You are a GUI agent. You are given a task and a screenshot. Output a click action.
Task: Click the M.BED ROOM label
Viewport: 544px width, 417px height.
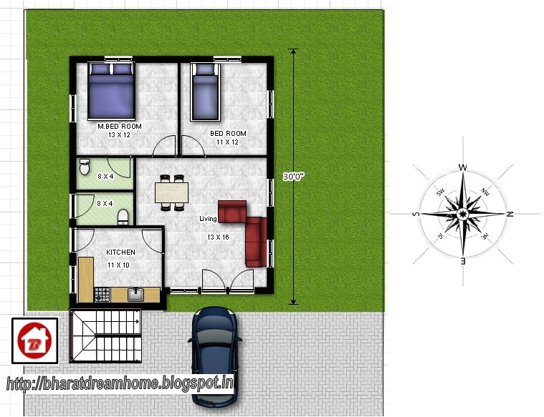(x=120, y=127)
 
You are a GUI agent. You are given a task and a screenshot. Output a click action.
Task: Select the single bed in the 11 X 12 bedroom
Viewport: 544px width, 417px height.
(x=205, y=92)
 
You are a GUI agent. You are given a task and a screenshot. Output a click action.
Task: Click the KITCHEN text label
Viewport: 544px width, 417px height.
(x=120, y=252)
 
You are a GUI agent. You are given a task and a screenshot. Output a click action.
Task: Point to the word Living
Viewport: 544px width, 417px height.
(x=208, y=219)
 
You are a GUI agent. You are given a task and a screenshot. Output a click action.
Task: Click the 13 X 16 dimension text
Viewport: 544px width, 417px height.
(x=218, y=237)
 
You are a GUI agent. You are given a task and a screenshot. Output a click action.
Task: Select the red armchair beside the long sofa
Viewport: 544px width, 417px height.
(x=232, y=212)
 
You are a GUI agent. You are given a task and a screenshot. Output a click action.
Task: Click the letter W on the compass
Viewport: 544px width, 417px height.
(x=463, y=169)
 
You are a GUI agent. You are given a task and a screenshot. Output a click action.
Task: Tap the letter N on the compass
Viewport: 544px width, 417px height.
(x=510, y=214)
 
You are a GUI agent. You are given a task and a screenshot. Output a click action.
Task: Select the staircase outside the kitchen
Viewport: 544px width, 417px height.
(x=106, y=335)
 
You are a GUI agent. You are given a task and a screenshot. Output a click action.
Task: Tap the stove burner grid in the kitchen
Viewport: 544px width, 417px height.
(x=102, y=293)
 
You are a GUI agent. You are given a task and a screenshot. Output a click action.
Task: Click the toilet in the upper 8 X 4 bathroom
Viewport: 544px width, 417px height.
(x=83, y=167)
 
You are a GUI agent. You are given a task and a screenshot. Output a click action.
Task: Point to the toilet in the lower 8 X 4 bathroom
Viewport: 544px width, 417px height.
(x=122, y=215)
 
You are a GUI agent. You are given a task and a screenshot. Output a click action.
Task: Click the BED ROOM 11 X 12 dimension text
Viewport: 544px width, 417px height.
(x=227, y=142)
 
